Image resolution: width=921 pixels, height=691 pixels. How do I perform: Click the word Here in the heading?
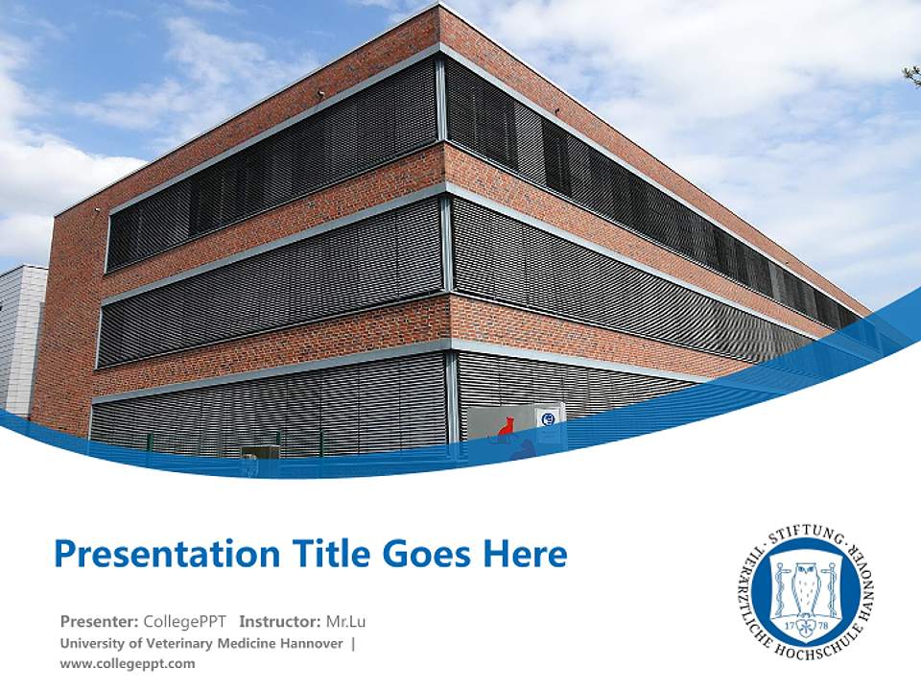tap(524, 555)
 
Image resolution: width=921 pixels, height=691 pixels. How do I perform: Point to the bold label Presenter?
tap(99, 621)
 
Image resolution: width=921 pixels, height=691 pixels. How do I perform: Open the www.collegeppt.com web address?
tap(127, 663)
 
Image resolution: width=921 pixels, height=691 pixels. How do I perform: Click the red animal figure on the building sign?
tap(506, 426)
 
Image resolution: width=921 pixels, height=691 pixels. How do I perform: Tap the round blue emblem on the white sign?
tap(549, 419)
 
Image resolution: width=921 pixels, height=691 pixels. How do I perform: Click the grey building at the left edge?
tap(21, 336)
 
